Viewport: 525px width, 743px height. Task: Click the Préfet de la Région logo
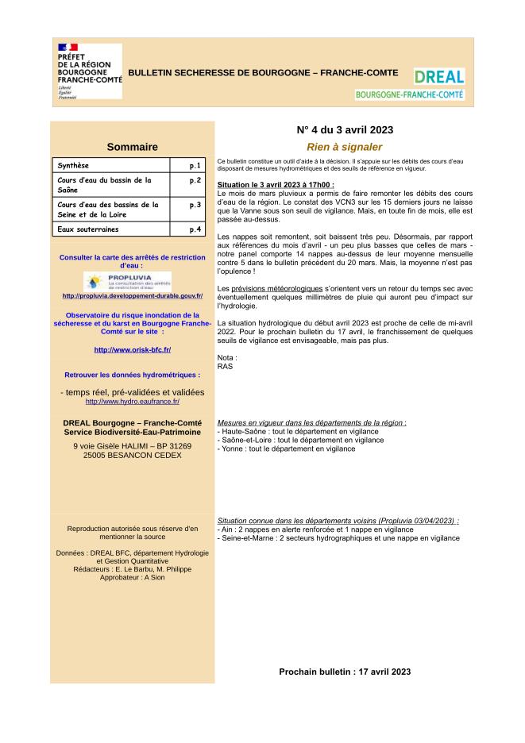[89, 71]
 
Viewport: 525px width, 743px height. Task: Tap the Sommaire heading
[132, 147]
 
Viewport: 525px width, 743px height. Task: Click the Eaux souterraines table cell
[111, 229]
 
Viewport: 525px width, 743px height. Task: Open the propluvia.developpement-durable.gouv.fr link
[132, 296]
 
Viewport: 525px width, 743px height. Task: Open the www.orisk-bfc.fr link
[132, 350]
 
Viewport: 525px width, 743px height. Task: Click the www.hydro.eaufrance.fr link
[132, 402]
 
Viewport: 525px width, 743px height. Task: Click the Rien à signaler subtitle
[344, 147]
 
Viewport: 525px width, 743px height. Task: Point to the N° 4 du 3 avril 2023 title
[344, 129]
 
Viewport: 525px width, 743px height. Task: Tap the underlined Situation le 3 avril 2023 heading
[275, 184]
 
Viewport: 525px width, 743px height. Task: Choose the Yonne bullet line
[286, 448]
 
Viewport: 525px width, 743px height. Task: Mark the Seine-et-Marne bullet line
[338, 537]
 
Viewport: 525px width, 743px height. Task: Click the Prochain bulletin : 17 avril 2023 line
[344, 672]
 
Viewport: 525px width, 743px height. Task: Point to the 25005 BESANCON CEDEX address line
[132, 456]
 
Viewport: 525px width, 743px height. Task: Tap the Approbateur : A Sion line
[132, 577]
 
